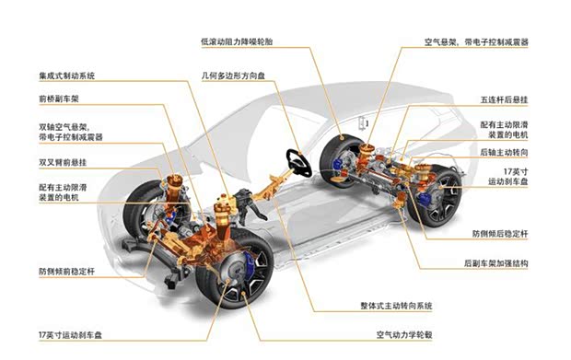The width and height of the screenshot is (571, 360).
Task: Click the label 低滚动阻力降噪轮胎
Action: pyautogui.click(x=235, y=41)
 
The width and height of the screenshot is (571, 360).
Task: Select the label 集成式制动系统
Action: pyautogui.click(x=66, y=75)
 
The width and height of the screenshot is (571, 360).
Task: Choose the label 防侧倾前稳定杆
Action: pyautogui.click(x=66, y=272)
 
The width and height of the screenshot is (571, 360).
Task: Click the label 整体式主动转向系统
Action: pyautogui.click(x=402, y=305)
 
